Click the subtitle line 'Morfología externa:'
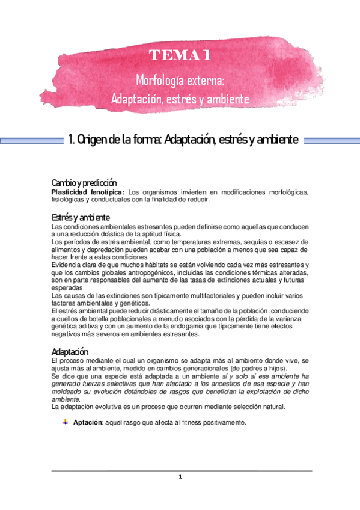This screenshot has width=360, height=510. click(180, 80)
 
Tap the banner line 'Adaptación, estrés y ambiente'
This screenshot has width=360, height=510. click(180, 98)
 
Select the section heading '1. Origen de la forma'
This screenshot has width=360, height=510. click(183, 140)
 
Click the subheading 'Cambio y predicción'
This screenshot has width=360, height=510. click(84, 182)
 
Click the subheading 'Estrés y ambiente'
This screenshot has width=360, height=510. click(81, 217)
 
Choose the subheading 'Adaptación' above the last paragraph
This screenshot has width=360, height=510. click(70, 351)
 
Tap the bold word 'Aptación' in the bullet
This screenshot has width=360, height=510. click(88, 423)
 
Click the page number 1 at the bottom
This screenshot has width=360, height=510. click(180, 477)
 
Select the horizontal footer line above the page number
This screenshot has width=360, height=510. click(181, 470)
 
